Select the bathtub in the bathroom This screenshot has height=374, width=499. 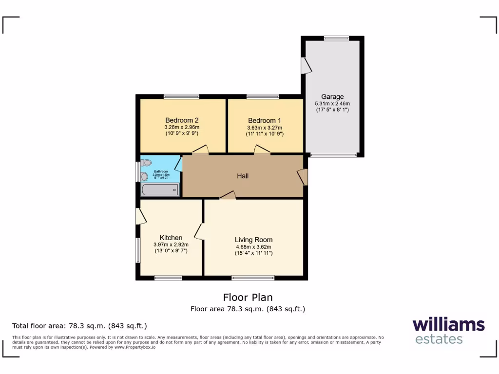pos(160,190)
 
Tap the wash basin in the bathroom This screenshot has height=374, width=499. pos(144,177)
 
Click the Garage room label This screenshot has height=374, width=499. pos(332,96)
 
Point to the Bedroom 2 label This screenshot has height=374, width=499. pos(181,120)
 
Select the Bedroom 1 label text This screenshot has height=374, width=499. pos(264,120)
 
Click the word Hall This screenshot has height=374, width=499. pos(243,176)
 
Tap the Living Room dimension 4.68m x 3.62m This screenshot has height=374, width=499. pos(253,246)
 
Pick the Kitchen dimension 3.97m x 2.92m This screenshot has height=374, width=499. pos(171,244)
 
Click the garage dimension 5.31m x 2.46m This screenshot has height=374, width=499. pos(332,103)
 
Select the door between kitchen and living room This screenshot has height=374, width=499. pos(199,231)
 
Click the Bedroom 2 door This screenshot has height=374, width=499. pos(201,150)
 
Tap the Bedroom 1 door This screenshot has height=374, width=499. pos(262,150)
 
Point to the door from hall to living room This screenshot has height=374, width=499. pos(228,195)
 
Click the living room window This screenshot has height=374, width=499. pos(253,278)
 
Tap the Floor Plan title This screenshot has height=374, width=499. pos(248,297)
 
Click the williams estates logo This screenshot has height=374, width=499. pos(448,331)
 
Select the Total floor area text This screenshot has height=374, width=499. pos(79,326)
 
